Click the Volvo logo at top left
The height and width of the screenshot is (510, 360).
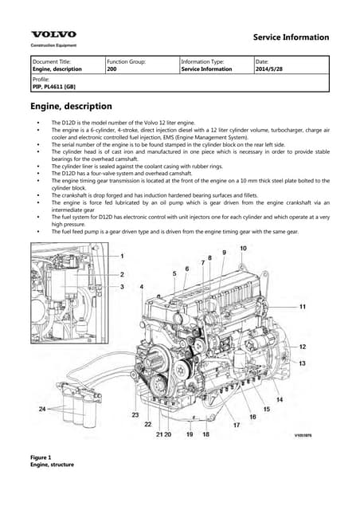53,34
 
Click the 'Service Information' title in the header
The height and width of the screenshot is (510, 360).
291,37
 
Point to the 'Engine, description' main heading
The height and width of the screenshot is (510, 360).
71,106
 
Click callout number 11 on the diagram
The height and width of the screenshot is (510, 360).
303,306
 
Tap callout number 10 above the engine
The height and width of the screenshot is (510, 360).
243,249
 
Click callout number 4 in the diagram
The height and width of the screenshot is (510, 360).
142,286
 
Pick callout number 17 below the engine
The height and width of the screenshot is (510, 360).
237,426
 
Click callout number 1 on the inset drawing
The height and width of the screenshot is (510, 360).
122,255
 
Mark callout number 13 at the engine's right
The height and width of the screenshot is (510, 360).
303,363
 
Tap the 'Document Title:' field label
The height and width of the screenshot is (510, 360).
51,61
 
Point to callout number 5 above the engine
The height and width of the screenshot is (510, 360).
174,273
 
